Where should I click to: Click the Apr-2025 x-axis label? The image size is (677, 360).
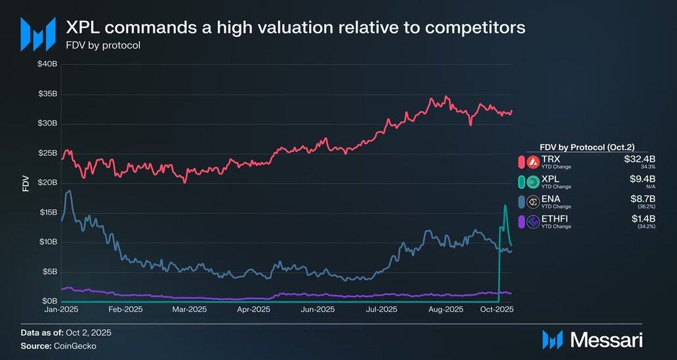253,310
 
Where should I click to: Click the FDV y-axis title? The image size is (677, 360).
26,184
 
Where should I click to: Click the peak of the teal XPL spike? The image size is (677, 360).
504,206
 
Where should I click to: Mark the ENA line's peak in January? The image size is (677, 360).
69,191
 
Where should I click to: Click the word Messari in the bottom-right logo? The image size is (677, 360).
606,339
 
